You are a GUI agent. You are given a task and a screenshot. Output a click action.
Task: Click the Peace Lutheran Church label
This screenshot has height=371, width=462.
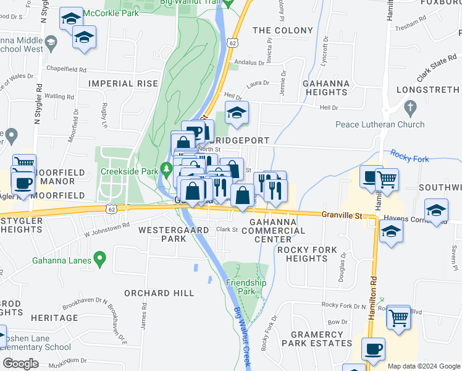[380, 124]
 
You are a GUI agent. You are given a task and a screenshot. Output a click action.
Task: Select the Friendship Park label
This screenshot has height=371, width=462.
[246, 286]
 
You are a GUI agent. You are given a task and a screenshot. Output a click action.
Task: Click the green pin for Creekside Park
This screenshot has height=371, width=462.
[166, 168]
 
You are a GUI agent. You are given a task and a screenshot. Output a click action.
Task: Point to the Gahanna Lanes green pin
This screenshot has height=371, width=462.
[99, 257]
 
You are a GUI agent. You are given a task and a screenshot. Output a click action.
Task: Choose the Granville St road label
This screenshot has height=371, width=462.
[342, 215]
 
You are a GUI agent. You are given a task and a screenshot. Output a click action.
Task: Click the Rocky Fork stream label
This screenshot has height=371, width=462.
[409, 159]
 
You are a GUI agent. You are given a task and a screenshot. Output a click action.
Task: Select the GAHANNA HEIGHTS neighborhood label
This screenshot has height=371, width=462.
[326, 88]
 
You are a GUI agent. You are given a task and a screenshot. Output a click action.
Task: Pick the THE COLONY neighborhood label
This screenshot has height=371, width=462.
[283, 30]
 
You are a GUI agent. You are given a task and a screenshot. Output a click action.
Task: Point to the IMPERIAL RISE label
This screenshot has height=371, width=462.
[119, 83]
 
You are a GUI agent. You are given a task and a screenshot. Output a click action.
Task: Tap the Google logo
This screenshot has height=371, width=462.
[20, 364]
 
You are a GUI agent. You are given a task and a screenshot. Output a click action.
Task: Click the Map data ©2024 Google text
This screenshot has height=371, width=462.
[423, 366]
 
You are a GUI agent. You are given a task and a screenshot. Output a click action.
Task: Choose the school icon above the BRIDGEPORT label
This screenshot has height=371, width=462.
[236, 113]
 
